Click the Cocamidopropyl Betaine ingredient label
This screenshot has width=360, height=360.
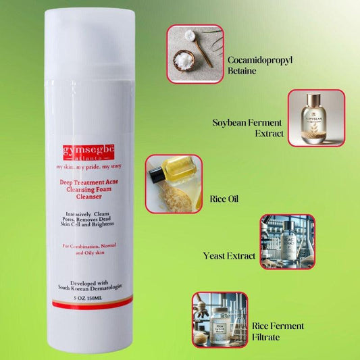tap(264, 65)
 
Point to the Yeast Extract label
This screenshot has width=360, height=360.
tap(230, 257)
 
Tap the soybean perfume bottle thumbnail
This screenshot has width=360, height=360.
tap(316, 118)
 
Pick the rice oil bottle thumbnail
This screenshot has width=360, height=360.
tap(174, 184)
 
